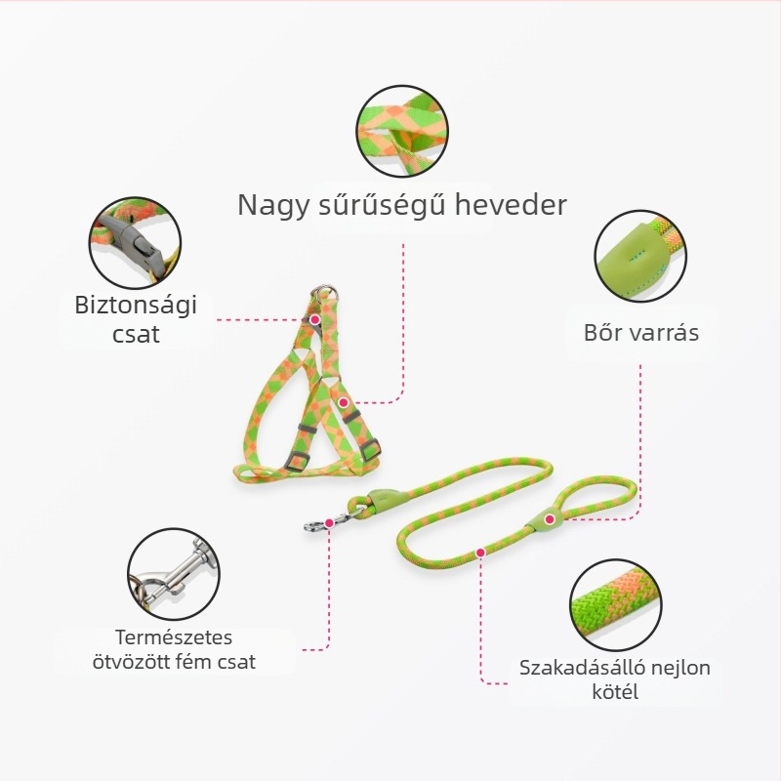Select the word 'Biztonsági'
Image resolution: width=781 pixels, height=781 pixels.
136,306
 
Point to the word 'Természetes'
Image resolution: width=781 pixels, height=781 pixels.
174,637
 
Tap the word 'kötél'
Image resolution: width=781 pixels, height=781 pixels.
615,691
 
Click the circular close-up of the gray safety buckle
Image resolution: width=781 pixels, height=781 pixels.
135,242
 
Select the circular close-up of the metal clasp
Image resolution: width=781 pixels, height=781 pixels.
174,574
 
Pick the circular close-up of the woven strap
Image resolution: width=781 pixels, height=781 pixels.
402,131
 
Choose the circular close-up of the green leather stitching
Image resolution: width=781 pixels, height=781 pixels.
640,255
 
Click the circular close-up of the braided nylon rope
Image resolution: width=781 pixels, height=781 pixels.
616,604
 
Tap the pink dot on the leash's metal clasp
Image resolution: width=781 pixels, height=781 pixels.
329,523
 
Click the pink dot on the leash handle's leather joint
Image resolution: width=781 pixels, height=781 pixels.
550,519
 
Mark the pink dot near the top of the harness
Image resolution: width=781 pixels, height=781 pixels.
314,319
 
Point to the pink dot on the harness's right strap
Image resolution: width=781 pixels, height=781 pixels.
344,402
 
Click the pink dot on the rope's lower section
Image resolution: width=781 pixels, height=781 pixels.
480,553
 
